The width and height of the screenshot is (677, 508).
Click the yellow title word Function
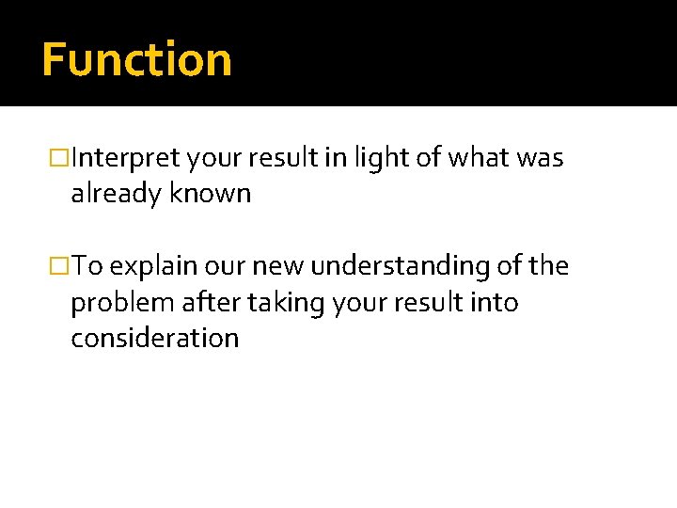[x=136, y=59]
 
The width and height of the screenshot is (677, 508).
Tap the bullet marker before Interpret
[x=61, y=159]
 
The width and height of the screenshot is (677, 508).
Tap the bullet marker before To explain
[x=61, y=267]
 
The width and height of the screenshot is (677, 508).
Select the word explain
[x=155, y=267]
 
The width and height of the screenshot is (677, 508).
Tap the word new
[x=279, y=267]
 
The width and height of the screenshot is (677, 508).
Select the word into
[x=496, y=302]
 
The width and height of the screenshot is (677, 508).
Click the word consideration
[x=155, y=338]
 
